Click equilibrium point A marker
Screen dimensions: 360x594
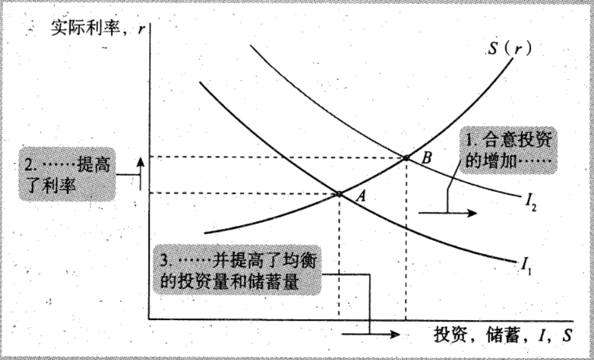(339, 194)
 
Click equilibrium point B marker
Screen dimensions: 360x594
(406, 158)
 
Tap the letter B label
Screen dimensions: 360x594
(427, 158)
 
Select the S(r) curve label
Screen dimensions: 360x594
(510, 49)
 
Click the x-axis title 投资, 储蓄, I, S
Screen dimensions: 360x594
(502, 334)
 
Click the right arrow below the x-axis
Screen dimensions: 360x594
(383, 334)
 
